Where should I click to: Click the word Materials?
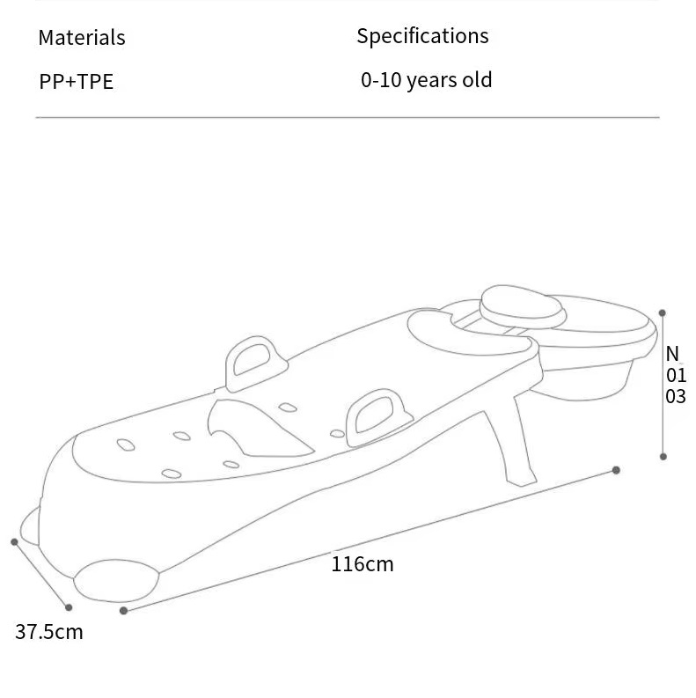[82, 37]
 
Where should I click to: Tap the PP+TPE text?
[76, 82]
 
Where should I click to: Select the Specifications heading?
[422, 36]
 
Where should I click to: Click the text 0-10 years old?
[427, 81]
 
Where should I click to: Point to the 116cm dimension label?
[363, 564]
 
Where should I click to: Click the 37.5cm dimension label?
[49, 632]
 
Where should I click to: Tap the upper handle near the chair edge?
[255, 364]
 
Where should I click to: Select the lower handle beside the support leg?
[377, 416]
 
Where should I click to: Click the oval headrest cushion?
[523, 307]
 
